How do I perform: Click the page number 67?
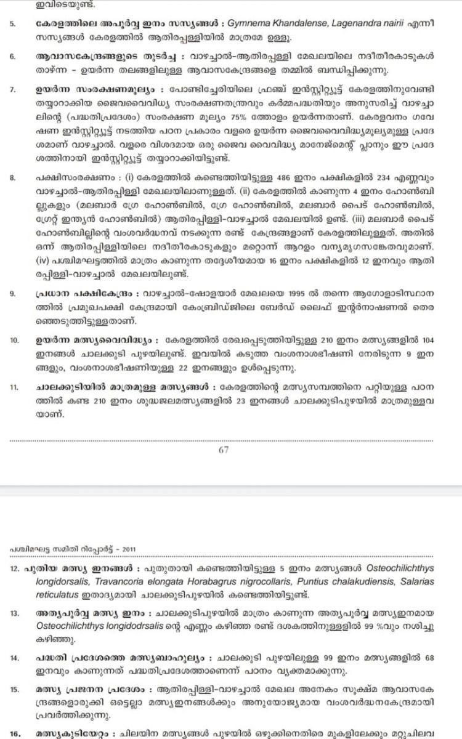click(224, 450)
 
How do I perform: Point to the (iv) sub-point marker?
click(43, 262)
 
